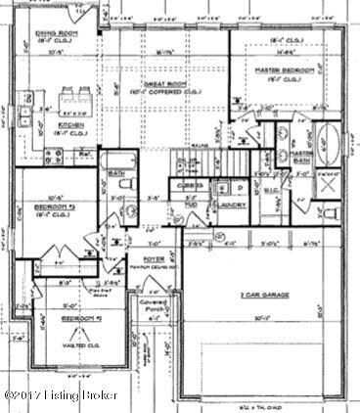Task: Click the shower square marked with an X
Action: (331, 183)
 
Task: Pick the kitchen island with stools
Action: (73, 101)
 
